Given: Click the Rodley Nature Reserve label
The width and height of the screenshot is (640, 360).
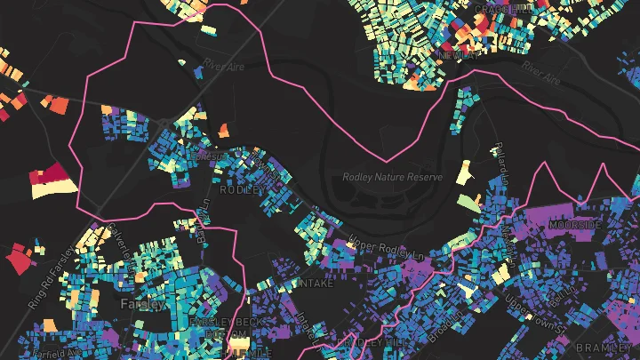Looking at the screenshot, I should pyautogui.click(x=392, y=177).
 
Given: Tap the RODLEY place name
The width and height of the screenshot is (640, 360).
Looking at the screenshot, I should pyautogui.click(x=239, y=189).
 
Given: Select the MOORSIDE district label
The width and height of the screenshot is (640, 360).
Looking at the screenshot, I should pyautogui.click(x=574, y=225).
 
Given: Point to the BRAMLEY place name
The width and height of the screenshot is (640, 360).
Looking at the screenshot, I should pyautogui.click(x=603, y=347).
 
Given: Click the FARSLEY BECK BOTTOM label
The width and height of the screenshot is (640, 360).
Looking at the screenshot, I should pyautogui.click(x=222, y=327).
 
